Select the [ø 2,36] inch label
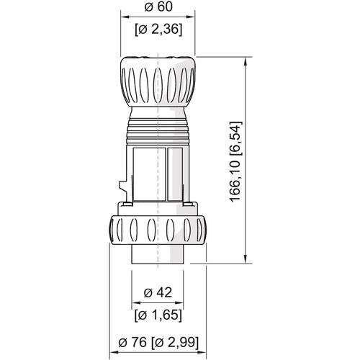(158, 30)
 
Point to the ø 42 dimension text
(158, 292)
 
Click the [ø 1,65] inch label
(158, 315)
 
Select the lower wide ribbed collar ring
(158, 231)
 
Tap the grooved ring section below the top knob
(158, 134)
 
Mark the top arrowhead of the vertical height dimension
(248, 57)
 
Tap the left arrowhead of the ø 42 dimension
(135, 303)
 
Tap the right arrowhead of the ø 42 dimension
(181, 303)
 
